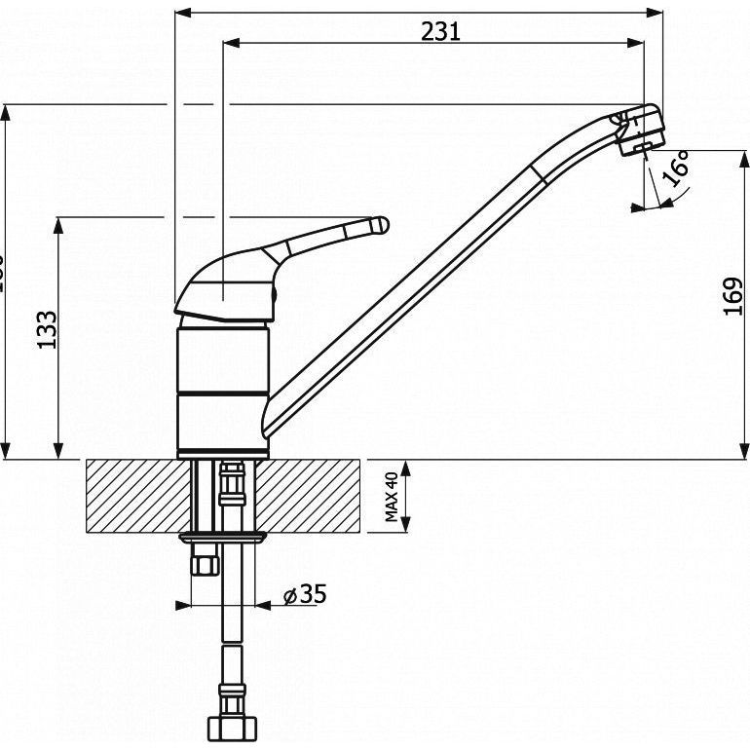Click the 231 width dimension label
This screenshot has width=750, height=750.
440,30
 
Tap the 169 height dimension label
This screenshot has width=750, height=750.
734,296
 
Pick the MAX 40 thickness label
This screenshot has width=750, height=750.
393,497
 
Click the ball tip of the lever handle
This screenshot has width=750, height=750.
381,225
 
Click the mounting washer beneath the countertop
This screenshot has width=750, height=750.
223,537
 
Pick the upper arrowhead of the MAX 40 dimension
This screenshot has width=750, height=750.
407,467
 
